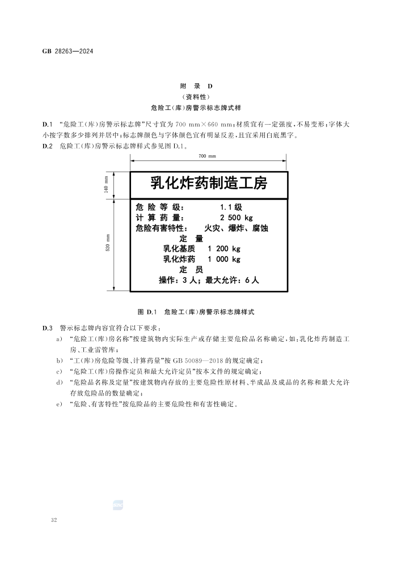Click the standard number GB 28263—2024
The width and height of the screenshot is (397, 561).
(x=67, y=51)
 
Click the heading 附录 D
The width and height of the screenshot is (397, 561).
(x=196, y=86)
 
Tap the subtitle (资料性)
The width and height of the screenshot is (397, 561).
(x=196, y=96)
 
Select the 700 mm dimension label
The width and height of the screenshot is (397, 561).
(x=207, y=156)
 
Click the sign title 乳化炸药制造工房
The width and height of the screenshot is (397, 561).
(x=208, y=183)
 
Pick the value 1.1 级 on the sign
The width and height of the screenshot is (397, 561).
(x=231, y=207)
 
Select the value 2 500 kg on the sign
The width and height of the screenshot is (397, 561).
(x=236, y=218)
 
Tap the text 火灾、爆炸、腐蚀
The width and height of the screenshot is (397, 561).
(x=236, y=228)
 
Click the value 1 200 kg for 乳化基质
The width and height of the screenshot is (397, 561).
(x=224, y=249)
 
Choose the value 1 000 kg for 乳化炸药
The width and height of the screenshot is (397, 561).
(x=224, y=259)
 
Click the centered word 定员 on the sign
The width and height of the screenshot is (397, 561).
(x=191, y=269)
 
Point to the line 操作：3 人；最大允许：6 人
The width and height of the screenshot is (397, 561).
(x=209, y=280)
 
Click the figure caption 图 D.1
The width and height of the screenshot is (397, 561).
(x=196, y=312)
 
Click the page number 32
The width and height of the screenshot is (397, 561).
(x=54, y=520)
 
